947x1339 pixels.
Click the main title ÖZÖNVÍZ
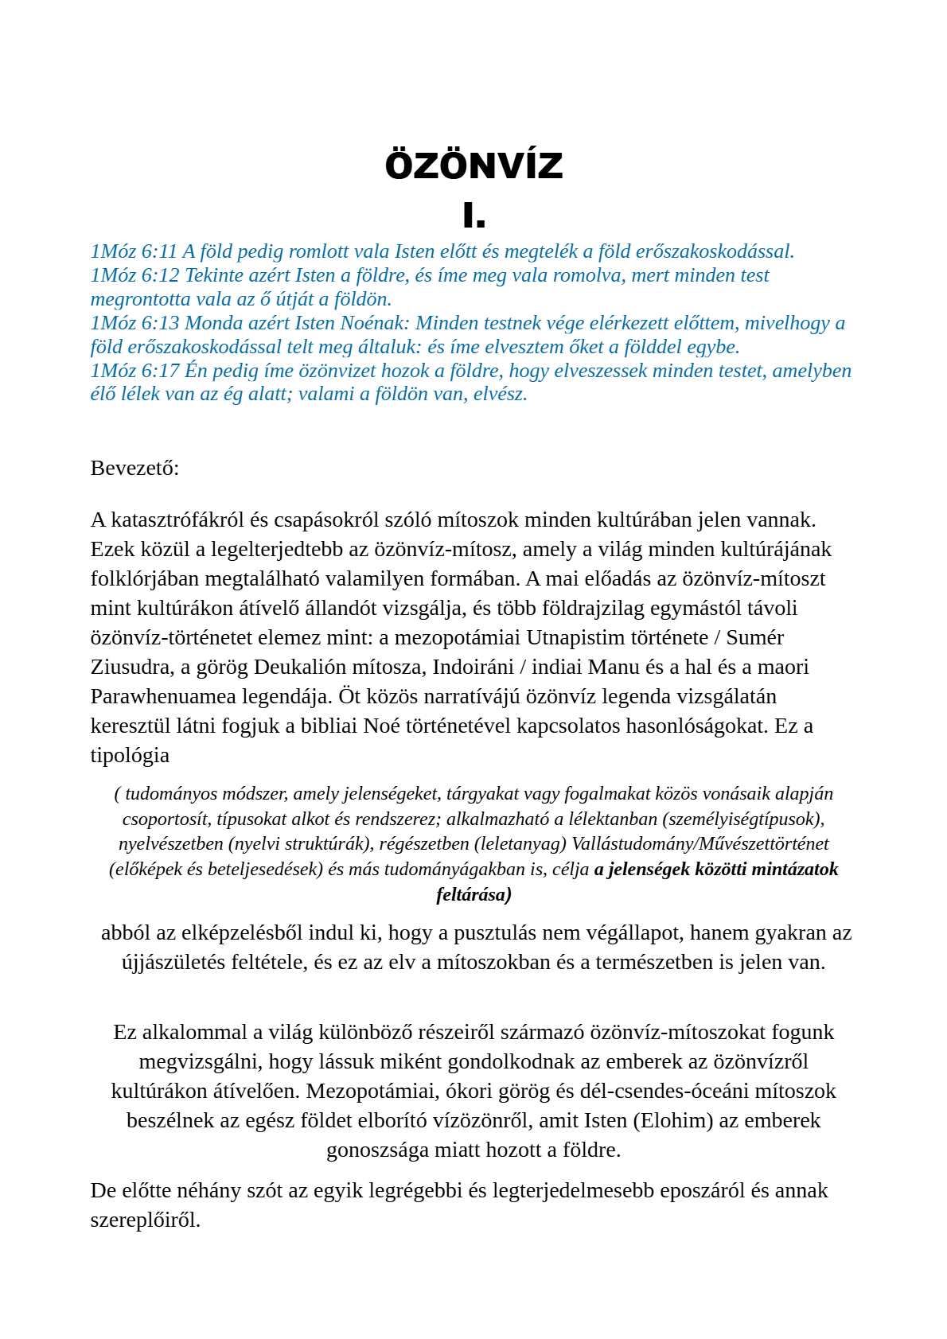[473, 165]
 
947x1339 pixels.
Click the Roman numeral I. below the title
[473, 215]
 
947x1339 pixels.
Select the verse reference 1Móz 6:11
[134, 251]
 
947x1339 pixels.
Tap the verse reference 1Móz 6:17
[134, 371]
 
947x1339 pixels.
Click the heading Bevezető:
[134, 468]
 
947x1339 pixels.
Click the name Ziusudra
[128, 667]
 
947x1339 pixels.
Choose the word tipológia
[130, 755]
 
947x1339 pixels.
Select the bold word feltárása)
[473, 894]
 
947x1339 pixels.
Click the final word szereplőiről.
[145, 1220]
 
